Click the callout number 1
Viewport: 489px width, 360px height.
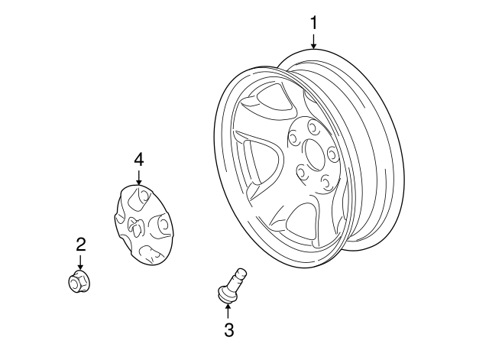click(x=313, y=23)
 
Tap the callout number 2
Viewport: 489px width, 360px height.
click(x=81, y=245)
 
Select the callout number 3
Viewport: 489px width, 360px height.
click(x=229, y=329)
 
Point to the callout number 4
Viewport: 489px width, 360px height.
click(x=139, y=160)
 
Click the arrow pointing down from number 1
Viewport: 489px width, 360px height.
click(x=313, y=41)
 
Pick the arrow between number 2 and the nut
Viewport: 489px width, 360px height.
click(x=81, y=262)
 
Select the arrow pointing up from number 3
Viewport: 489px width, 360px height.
click(x=228, y=310)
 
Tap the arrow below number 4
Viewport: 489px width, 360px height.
click(x=139, y=177)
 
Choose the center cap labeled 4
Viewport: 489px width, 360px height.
click(x=143, y=225)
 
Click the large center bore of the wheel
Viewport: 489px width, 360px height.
click(x=314, y=155)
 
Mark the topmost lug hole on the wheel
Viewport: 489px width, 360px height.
click(x=313, y=127)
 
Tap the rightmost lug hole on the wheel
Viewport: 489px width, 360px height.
click(x=333, y=155)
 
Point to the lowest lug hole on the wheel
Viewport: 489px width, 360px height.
click(x=326, y=183)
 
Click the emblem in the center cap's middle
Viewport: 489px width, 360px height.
click(x=136, y=225)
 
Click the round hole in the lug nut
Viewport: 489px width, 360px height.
click(x=75, y=284)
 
